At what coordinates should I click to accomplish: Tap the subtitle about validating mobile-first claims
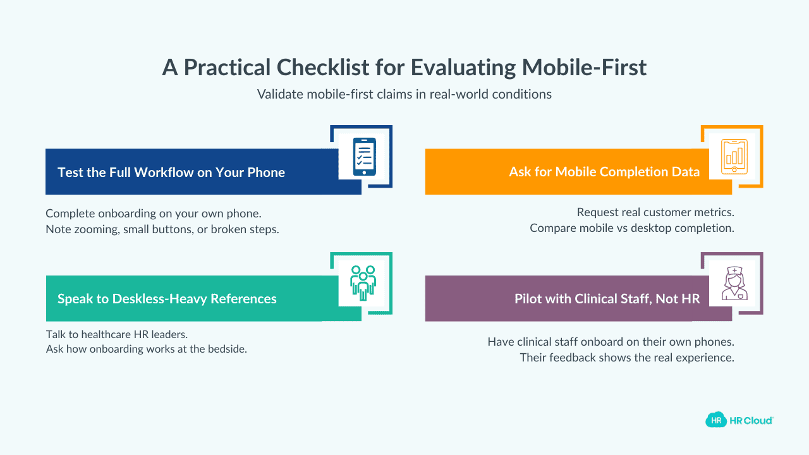(x=404, y=94)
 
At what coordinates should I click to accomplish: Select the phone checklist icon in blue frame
(x=364, y=156)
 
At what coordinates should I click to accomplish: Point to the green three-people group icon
(x=363, y=282)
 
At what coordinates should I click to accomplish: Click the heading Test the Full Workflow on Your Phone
(x=171, y=172)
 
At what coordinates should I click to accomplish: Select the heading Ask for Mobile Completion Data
(x=604, y=172)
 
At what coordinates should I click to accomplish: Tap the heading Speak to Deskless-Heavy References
(x=167, y=298)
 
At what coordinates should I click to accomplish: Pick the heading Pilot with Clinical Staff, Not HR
(x=607, y=298)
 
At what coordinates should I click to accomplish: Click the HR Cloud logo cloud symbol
(x=715, y=420)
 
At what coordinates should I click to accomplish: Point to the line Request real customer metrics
(x=655, y=212)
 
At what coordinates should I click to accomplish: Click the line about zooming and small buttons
(x=162, y=229)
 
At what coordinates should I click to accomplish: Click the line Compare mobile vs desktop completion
(x=631, y=228)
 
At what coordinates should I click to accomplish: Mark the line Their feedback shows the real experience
(x=627, y=358)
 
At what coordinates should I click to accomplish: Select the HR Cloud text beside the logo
(x=751, y=420)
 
